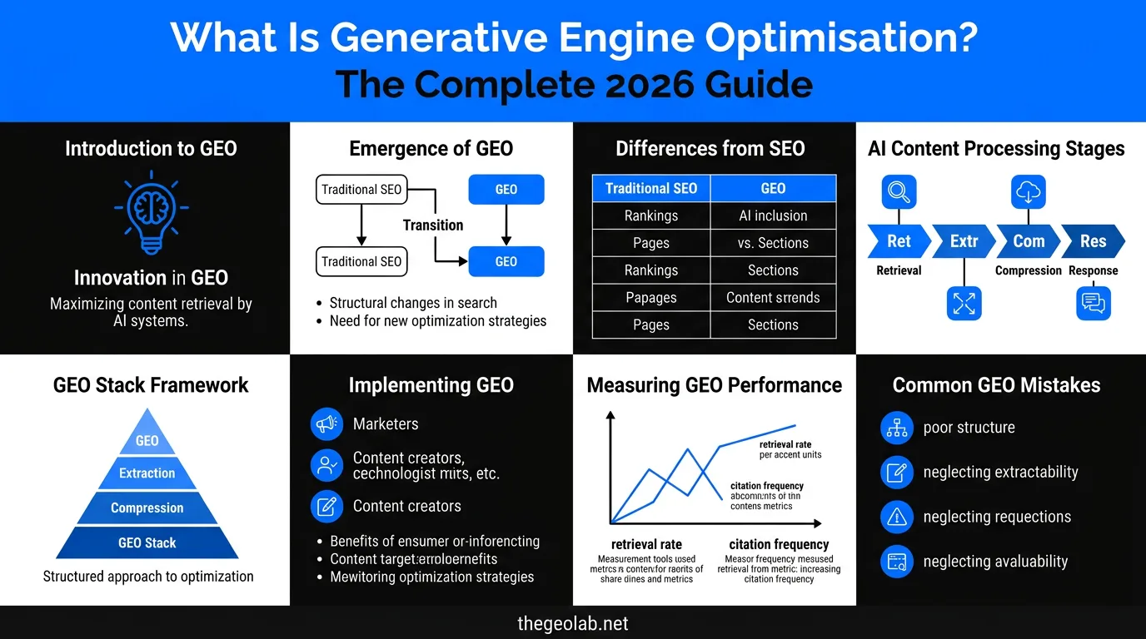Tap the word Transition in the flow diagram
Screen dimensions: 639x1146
tap(433, 225)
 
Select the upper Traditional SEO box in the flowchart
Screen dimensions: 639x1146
tap(361, 189)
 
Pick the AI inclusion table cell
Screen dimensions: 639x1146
tap(773, 215)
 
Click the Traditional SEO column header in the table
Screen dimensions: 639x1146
tap(651, 188)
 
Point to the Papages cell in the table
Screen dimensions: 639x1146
tap(651, 297)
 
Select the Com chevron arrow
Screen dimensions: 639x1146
tap(1028, 241)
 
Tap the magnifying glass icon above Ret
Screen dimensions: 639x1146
tap(899, 192)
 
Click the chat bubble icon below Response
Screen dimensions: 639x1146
tap(1092, 302)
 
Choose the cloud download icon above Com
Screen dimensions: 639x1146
tap(1029, 192)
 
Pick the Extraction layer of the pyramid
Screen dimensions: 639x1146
tap(147, 473)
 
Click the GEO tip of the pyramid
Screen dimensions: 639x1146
tap(147, 438)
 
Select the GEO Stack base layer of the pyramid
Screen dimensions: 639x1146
tap(147, 542)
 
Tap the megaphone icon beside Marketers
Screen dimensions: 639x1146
tap(326, 424)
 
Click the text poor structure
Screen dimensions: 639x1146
tap(969, 428)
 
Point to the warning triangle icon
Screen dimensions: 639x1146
tap(897, 517)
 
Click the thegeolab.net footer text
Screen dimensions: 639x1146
tap(573, 622)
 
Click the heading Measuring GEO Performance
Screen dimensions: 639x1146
tap(715, 385)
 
